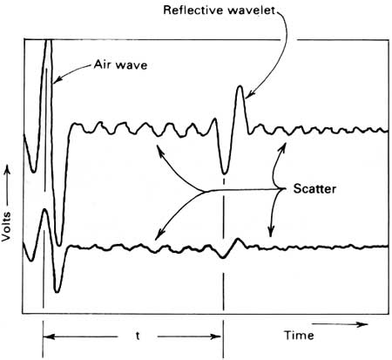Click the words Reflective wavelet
click(219, 10)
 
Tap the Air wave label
click(120, 65)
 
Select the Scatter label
click(314, 189)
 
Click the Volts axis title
click(6, 227)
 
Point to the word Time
click(299, 336)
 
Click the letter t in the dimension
click(138, 336)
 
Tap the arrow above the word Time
click(340, 324)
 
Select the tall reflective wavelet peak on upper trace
click(240, 87)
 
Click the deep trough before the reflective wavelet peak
click(224, 173)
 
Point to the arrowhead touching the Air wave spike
click(57, 80)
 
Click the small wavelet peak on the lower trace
click(238, 239)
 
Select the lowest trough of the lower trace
click(57, 290)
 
